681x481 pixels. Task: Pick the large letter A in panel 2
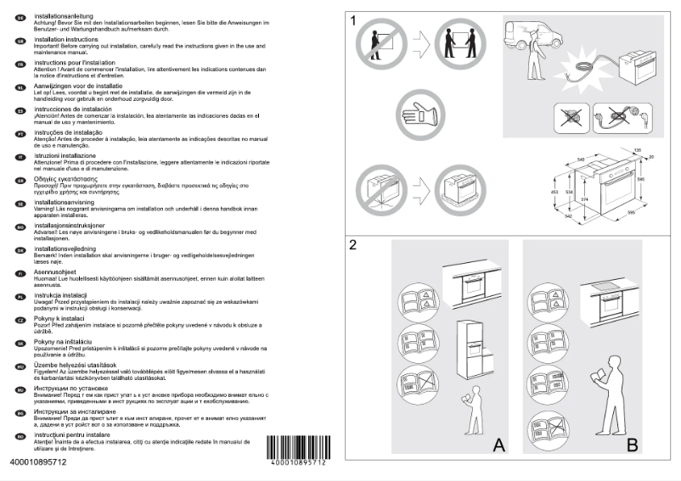click(499, 445)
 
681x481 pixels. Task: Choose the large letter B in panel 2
click(632, 445)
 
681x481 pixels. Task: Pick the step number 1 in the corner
click(353, 20)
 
